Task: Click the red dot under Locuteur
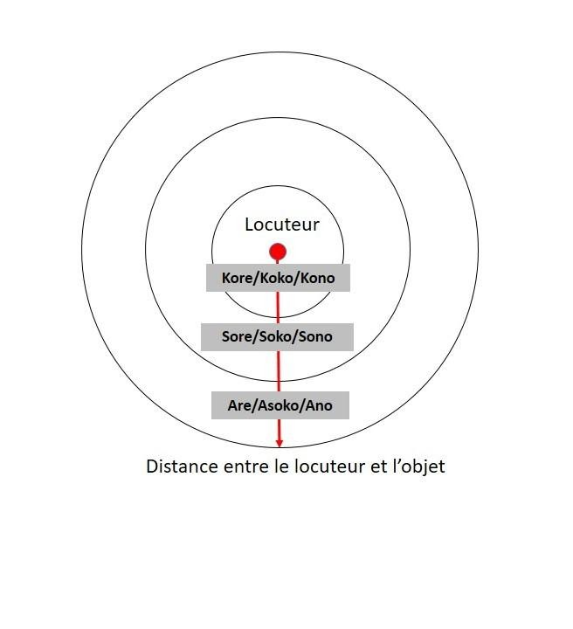278,252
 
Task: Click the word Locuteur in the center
281,225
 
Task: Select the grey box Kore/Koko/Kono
278,278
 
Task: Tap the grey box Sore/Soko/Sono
277,336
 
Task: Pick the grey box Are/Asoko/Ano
280,405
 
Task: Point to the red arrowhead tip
280,446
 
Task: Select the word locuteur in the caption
328,467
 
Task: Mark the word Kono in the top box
316,278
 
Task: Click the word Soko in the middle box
277,336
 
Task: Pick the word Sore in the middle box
238,336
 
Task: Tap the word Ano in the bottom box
319,405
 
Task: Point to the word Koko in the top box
277,278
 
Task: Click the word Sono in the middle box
315,336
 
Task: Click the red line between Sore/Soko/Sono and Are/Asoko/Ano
279,371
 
